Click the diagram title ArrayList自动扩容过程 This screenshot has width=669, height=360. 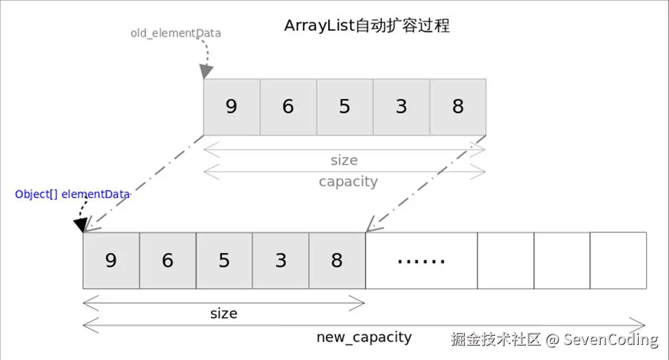coord(367,26)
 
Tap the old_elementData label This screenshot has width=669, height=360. coord(175,33)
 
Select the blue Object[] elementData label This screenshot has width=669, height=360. coord(73,194)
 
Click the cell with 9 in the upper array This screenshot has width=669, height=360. coord(231,107)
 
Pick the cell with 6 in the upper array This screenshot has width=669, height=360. coord(288,107)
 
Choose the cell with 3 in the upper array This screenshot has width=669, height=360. coord(401,107)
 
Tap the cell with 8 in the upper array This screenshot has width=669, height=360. coord(457,107)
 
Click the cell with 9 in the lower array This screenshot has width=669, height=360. coord(111,260)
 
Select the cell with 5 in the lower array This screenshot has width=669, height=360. coord(224,260)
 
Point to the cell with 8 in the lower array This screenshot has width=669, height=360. coord(337,260)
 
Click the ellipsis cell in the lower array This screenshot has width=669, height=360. coord(421,260)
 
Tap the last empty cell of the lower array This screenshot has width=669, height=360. coord(618,260)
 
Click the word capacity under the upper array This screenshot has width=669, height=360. coord(348,182)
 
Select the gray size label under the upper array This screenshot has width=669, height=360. coord(344,160)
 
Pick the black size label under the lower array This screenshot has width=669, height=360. coord(224,313)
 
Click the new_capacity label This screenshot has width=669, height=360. coord(364,337)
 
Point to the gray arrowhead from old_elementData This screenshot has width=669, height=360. coord(207,71)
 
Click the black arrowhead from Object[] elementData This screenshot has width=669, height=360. coord(80,225)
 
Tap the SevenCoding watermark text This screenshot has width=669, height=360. coord(610,339)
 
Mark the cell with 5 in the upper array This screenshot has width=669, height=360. coord(344,107)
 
